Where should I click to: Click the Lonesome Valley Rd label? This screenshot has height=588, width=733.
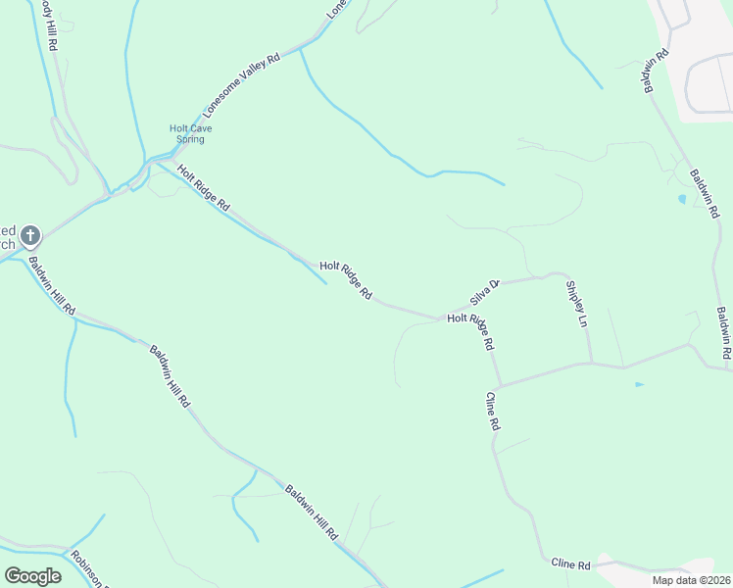click(241, 87)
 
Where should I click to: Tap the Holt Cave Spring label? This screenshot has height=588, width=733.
click(190, 133)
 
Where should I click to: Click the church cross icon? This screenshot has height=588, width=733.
click(30, 235)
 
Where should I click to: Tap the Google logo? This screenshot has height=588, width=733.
click(32, 575)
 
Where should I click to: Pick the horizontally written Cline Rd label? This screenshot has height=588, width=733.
click(570, 565)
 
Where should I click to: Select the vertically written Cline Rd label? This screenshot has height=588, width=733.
click(492, 412)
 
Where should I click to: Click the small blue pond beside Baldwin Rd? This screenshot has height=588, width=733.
click(682, 199)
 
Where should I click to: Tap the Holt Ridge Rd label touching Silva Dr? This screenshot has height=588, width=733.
click(471, 331)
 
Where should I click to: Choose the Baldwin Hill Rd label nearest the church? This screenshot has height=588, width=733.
click(51, 285)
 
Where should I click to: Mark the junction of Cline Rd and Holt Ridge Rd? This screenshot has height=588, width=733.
click(499, 384)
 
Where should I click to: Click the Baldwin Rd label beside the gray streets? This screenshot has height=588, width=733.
click(655, 71)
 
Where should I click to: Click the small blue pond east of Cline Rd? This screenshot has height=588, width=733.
click(639, 384)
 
